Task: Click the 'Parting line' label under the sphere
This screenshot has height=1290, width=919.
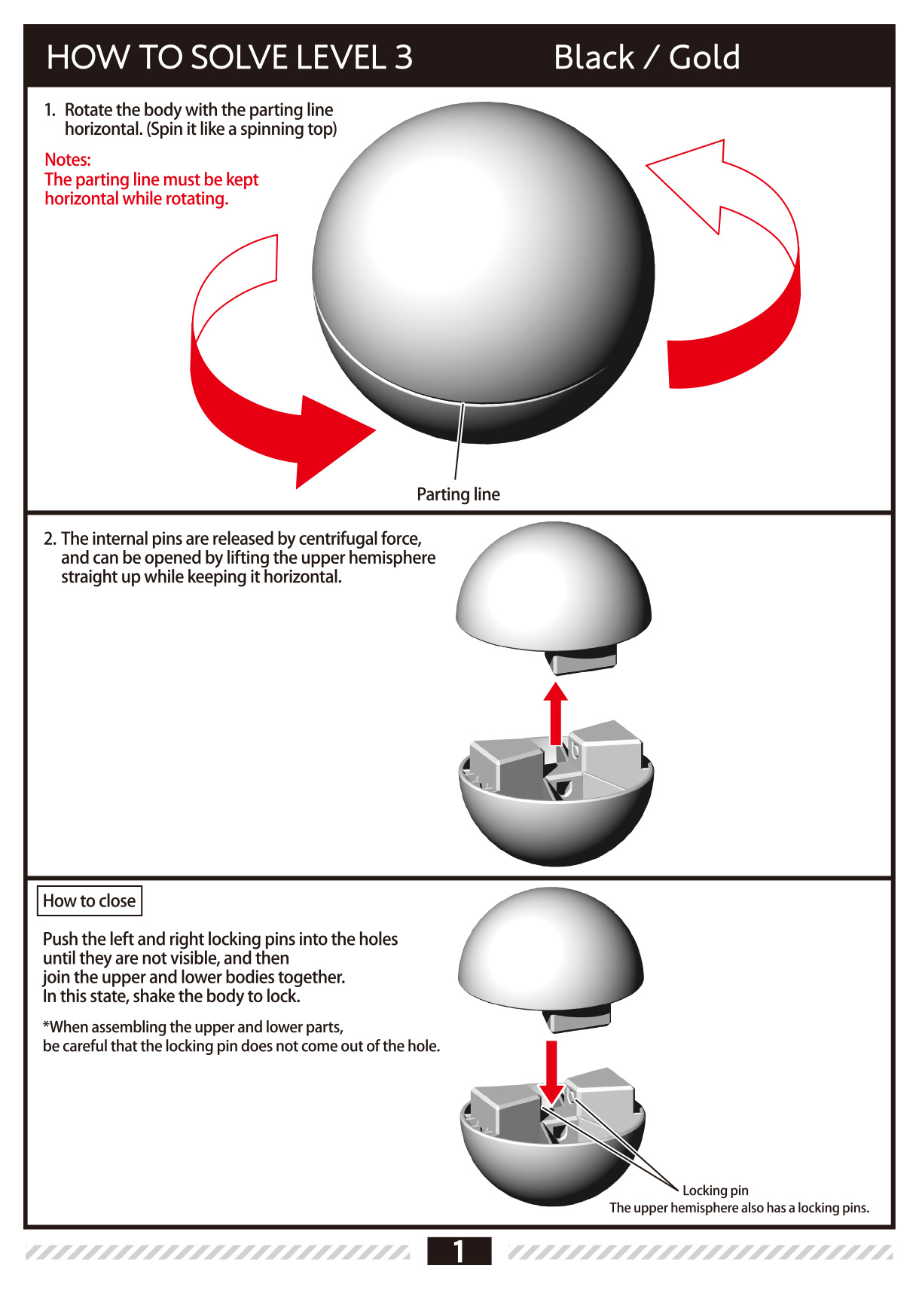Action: pos(458,494)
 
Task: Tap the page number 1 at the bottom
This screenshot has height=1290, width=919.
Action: pos(459,1251)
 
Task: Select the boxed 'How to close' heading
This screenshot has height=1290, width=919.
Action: pos(89,901)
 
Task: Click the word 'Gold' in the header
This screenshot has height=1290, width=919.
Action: pos(704,57)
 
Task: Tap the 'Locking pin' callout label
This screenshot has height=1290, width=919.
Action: pos(715,1191)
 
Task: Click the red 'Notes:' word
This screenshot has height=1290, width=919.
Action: pos(67,160)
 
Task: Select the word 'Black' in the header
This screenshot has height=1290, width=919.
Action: pos(594,57)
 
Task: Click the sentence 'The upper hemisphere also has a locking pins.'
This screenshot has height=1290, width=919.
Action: pos(739,1208)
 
